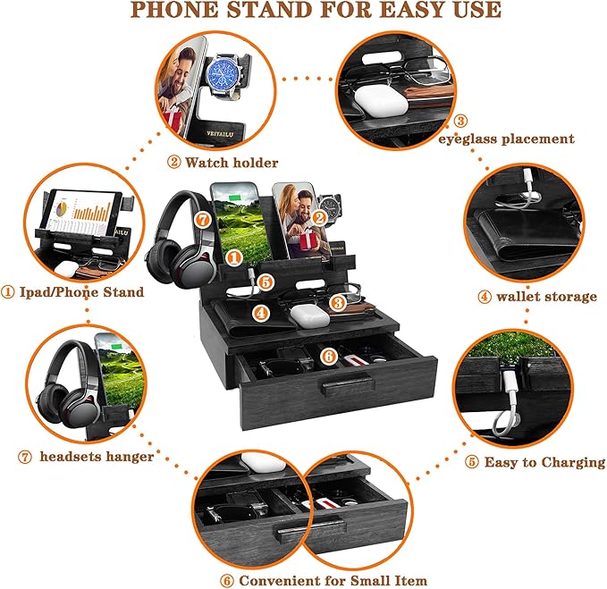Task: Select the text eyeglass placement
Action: pyautogui.click(x=506, y=139)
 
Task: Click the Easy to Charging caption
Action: pyautogui.click(x=544, y=462)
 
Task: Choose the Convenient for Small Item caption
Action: pyautogui.click(x=332, y=580)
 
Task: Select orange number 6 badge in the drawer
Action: pyautogui.click(x=328, y=356)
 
